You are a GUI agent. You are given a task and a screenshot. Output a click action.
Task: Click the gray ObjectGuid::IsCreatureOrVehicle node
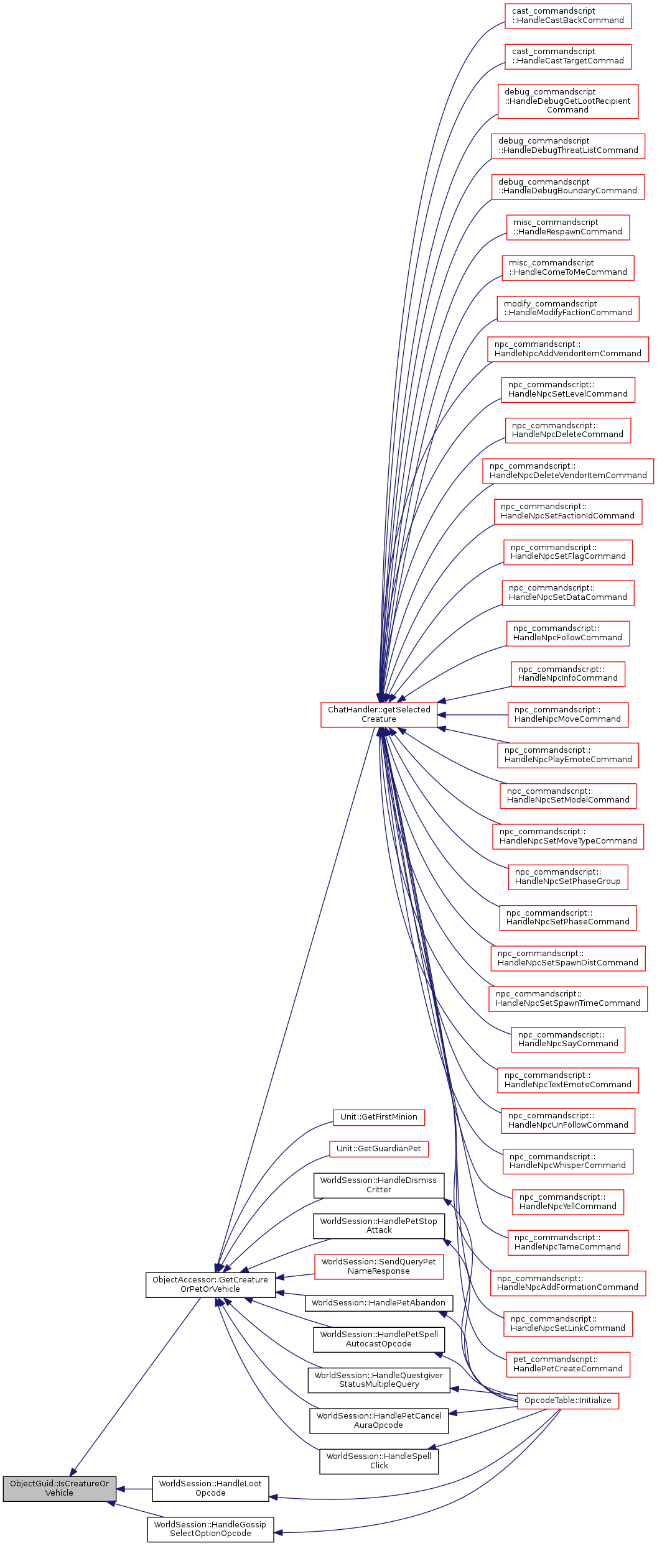click(59, 1488)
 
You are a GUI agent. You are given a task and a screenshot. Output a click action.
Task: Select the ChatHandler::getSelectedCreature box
click(379, 714)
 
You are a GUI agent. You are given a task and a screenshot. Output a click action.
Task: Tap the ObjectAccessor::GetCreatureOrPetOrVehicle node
click(210, 1284)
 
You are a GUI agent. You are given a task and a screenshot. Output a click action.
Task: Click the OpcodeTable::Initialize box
click(567, 1401)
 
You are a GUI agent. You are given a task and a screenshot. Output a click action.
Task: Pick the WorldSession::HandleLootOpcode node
click(210, 1488)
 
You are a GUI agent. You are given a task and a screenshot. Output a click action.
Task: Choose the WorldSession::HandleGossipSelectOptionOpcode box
click(210, 1529)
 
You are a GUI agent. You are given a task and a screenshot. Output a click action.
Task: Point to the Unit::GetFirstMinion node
click(378, 1117)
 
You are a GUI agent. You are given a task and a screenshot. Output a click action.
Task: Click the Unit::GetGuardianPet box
click(378, 1148)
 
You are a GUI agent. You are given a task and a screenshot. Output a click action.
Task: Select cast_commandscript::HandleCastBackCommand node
click(567, 16)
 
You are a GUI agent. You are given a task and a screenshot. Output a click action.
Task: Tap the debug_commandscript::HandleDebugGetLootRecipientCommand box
click(567, 101)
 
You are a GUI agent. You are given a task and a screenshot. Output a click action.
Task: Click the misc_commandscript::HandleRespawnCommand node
click(567, 227)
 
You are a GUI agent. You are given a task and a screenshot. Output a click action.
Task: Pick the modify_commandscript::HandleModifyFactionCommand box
click(567, 308)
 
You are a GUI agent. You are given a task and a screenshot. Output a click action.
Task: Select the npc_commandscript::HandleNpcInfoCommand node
click(567, 674)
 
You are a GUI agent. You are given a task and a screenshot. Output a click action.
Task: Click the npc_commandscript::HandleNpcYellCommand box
click(567, 1202)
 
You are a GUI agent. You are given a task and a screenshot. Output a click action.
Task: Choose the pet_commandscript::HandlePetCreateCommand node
click(567, 1364)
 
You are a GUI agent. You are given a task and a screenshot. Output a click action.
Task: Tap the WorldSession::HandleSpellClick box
click(378, 1461)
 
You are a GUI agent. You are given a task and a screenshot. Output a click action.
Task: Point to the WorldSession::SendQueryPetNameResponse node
click(378, 1266)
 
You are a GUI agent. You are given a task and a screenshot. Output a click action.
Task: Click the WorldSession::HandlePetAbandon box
click(378, 1302)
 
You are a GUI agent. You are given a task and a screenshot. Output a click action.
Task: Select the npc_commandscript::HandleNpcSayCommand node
click(567, 1039)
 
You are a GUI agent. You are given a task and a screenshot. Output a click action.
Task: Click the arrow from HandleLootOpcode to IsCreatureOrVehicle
click(134, 1489)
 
